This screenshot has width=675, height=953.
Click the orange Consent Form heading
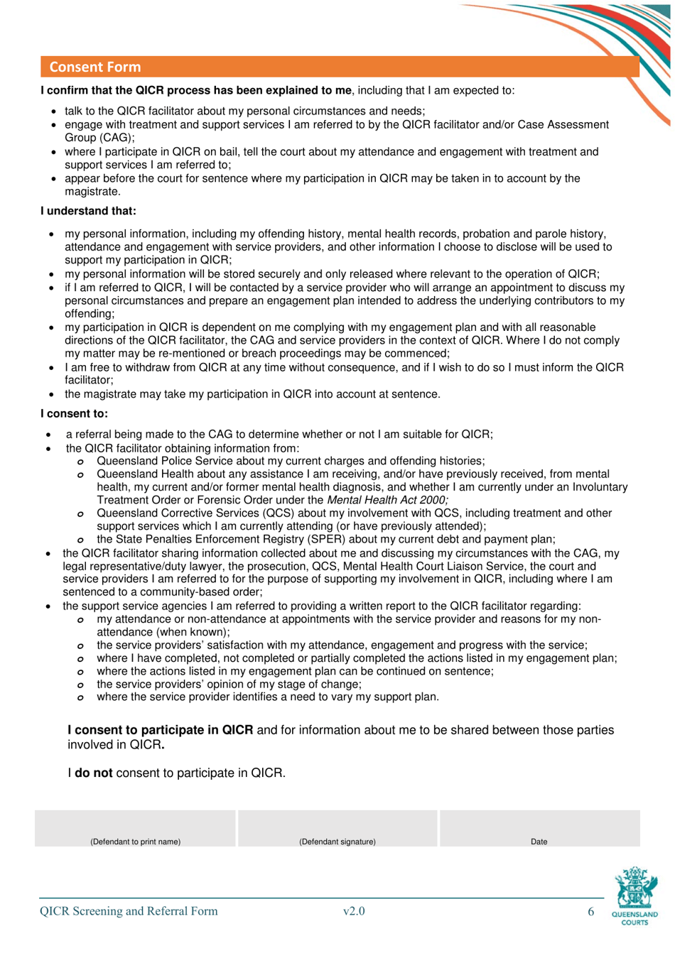pos(95,67)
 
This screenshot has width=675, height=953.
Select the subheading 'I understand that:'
pos(88,211)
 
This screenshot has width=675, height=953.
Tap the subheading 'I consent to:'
pos(74,413)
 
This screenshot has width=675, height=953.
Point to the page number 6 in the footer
pos(590,911)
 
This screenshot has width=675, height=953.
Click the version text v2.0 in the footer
pos(353,911)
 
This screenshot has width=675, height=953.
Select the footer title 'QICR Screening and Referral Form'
pos(129,911)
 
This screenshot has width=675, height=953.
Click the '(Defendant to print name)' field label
pos(135,842)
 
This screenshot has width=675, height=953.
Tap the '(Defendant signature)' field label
pos(337,842)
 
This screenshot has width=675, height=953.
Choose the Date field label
pos(539,842)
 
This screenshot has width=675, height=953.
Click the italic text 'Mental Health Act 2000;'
pos(387,500)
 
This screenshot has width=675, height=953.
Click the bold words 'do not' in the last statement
pos(93,773)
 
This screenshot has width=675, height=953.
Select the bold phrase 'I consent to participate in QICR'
pos(161,730)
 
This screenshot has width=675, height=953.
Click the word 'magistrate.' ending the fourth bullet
pos(92,192)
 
